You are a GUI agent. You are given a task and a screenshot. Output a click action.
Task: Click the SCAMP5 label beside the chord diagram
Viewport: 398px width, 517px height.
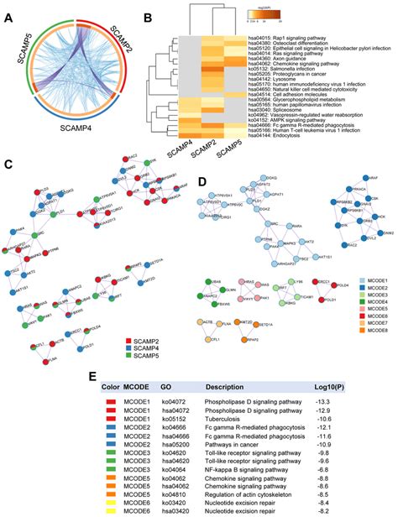(16, 56)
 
